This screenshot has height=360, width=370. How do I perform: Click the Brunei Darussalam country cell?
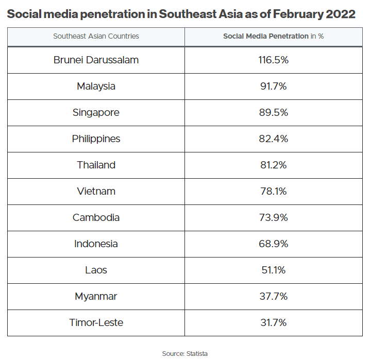coord(96,60)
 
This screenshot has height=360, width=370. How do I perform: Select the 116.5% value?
coord(273,60)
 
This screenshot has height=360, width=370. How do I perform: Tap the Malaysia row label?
coord(96,86)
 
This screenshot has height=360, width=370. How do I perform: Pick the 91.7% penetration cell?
coord(273,86)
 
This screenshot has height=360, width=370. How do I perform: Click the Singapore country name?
coord(96,112)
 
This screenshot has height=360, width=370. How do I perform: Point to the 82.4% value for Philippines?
coord(273,139)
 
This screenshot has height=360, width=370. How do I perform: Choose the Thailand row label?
coord(96,165)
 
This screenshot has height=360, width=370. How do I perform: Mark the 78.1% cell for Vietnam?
coord(273,191)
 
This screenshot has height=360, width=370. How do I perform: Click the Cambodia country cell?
coord(96,217)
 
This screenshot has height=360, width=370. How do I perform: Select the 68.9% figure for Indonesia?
coord(273,244)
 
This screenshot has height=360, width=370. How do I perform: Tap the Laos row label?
coord(96,270)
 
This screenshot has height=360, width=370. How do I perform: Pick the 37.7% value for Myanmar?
coord(273,296)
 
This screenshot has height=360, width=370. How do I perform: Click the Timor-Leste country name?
coord(96,322)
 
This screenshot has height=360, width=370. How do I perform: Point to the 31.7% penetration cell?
coord(273,322)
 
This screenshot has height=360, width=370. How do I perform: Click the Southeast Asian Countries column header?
coord(96,37)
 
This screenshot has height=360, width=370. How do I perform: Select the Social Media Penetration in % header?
coord(273,37)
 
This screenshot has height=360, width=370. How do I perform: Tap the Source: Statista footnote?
coord(184,353)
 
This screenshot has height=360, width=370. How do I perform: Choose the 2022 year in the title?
coord(341,14)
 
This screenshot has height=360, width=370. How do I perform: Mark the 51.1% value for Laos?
coord(273,270)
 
